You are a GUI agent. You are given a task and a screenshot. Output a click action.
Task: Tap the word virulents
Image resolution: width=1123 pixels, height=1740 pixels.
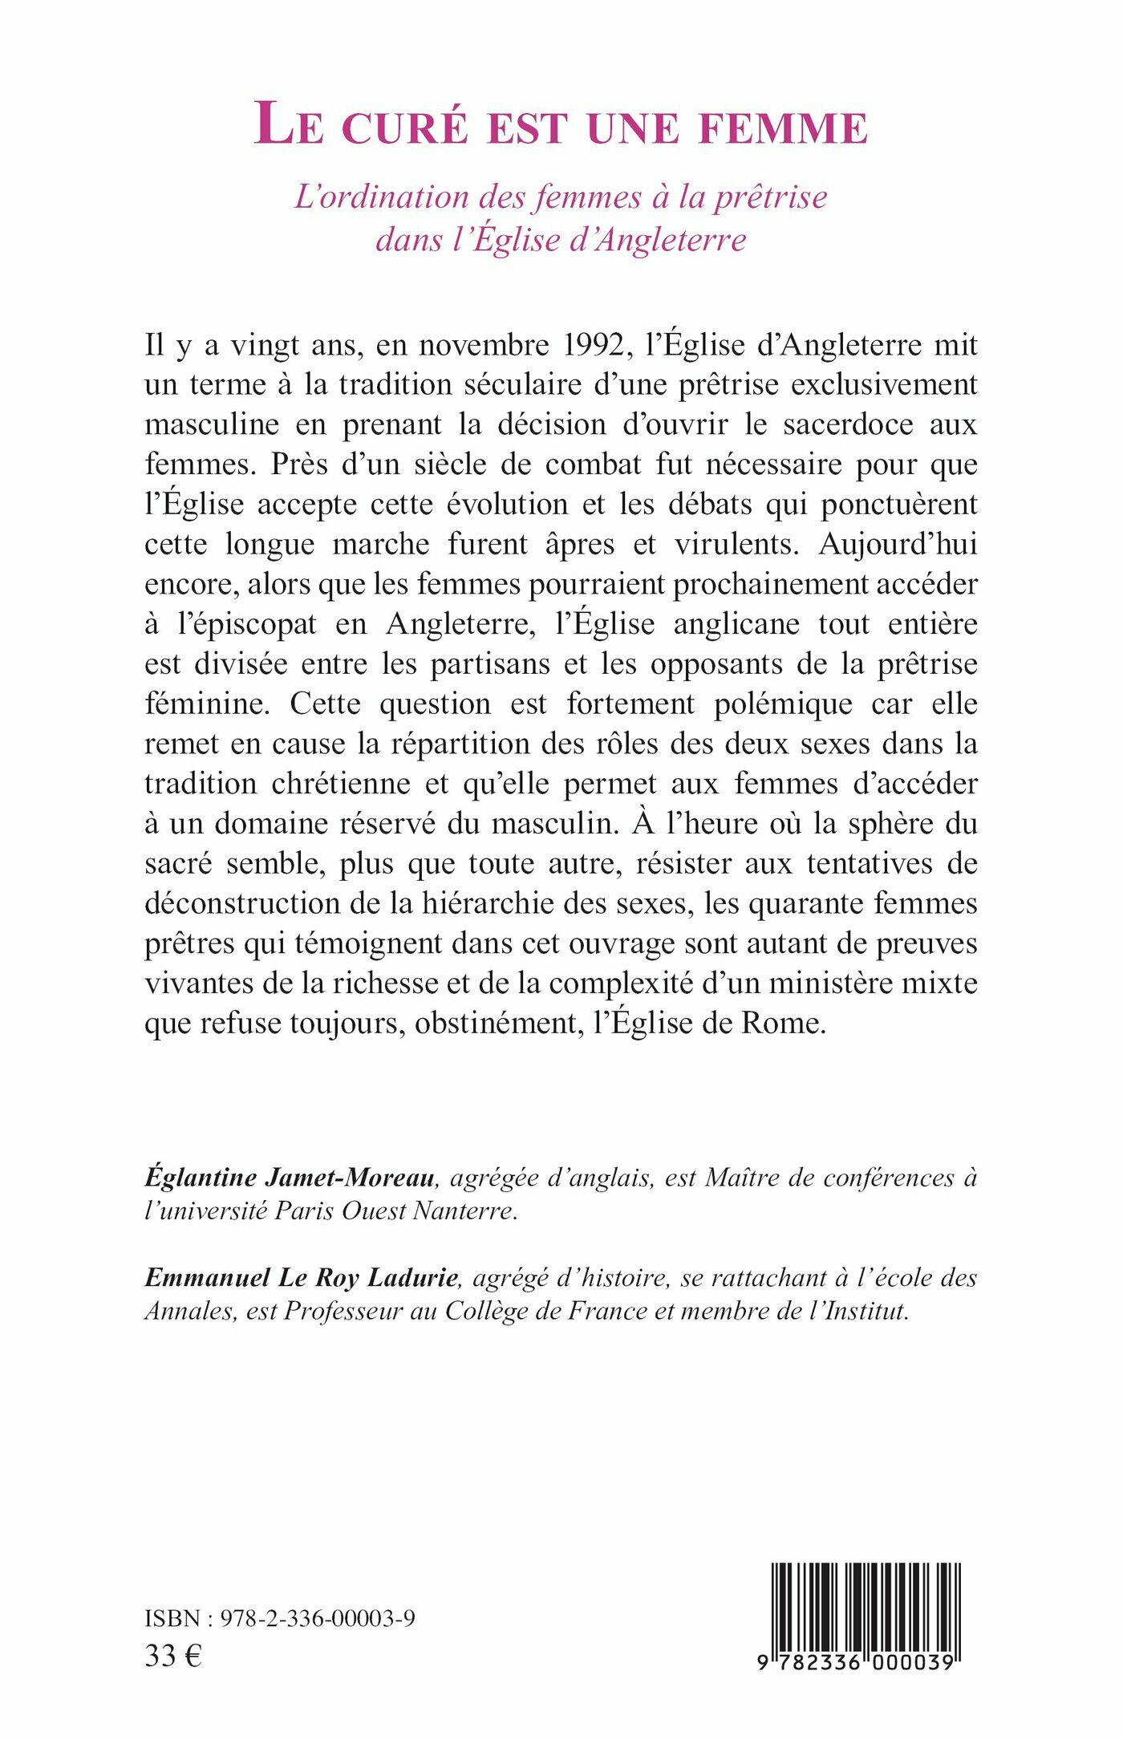coord(736,544)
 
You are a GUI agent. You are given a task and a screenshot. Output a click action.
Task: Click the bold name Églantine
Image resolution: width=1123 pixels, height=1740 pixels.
coord(201,1178)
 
